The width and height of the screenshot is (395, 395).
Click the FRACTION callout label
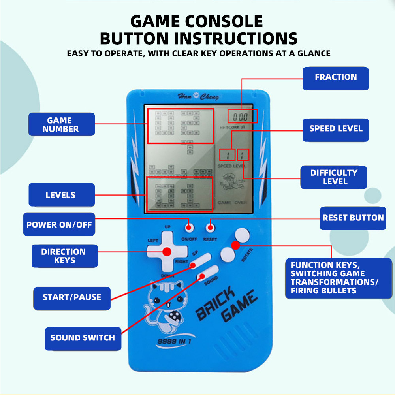click(x=335, y=78)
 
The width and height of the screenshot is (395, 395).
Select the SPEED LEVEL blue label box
click(x=335, y=129)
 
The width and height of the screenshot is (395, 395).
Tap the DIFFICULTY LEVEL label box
click(x=334, y=177)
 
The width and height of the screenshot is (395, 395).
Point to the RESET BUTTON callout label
click(x=353, y=218)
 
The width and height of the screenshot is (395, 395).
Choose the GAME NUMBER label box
click(x=61, y=124)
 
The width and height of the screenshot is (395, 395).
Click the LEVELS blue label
click(x=61, y=195)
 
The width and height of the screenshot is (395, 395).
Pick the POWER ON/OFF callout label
click(x=59, y=224)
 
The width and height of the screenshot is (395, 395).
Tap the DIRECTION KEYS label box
click(x=64, y=256)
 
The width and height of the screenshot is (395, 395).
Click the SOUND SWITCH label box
click(x=83, y=338)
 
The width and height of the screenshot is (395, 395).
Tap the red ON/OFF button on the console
click(x=190, y=228)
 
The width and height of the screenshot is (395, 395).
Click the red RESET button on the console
click(x=211, y=228)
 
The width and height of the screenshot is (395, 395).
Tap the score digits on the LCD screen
click(x=241, y=117)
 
